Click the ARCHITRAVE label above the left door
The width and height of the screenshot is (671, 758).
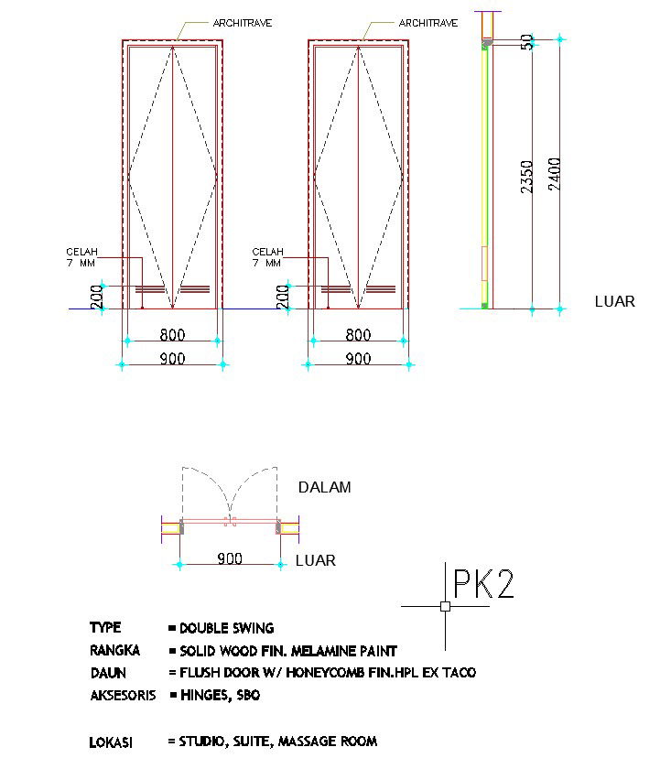[x=242, y=22]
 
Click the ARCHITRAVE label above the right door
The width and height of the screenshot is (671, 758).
[x=427, y=22]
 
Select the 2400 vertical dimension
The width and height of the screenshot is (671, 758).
[x=554, y=175]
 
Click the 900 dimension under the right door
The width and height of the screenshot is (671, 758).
[x=358, y=359]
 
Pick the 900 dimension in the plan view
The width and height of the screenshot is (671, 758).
[x=231, y=558]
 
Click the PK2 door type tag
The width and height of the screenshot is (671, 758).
[x=483, y=583]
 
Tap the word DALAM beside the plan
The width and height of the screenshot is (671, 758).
[x=324, y=487]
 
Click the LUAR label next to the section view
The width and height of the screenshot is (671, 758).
[x=614, y=301]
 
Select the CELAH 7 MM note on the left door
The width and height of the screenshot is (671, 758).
[x=81, y=257]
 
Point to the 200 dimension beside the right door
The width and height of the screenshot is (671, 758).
[x=283, y=297]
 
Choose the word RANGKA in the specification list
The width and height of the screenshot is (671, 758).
[x=114, y=651]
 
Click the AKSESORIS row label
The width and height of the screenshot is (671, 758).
[x=123, y=696]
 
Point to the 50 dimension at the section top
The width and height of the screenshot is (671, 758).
[x=527, y=42]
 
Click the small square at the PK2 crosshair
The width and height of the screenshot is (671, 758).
[x=445, y=606]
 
